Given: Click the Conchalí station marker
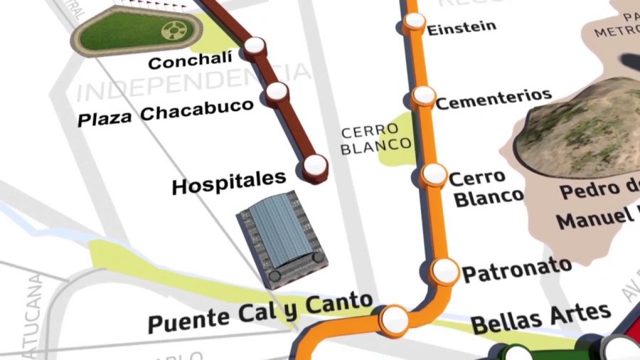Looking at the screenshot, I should click(x=254, y=47).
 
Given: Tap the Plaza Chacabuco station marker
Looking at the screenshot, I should click(x=277, y=91).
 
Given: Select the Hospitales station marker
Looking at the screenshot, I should click(x=314, y=166).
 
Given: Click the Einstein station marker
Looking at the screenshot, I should click(x=414, y=22).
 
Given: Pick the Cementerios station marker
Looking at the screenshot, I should click(x=424, y=95).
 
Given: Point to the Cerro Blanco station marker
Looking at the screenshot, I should click(x=433, y=174).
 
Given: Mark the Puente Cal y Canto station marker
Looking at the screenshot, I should click(x=393, y=319).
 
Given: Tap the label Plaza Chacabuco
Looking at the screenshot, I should click(x=165, y=112).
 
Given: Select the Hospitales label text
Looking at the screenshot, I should click(x=228, y=183).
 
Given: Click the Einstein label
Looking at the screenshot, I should click(x=461, y=28).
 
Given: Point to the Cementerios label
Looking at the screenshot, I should click(x=494, y=99).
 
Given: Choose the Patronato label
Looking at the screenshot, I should click(x=517, y=270).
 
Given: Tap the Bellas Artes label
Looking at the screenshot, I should click(x=540, y=318).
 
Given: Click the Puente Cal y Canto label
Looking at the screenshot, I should click(x=260, y=314).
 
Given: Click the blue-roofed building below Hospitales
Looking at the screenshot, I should click(x=280, y=238).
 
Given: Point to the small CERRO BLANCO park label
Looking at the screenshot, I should click(x=375, y=139).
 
